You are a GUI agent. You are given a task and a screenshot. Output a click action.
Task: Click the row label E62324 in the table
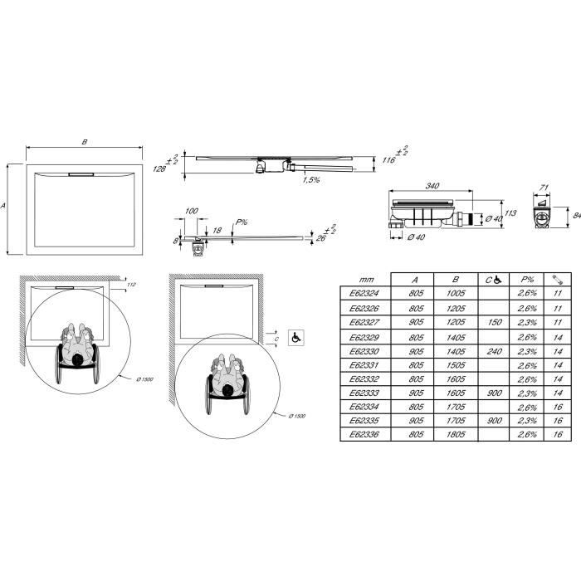pyautogui.click(x=364, y=294)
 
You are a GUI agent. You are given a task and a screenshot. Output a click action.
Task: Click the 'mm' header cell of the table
pyautogui.click(x=365, y=280)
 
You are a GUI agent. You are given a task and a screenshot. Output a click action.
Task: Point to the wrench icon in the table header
pyautogui.click(x=557, y=279)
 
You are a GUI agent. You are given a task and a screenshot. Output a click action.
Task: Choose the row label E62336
pyautogui.click(x=364, y=434)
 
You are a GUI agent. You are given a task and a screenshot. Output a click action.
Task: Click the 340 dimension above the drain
pyautogui.click(x=432, y=187)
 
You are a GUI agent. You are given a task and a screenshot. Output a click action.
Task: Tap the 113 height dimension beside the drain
pyautogui.click(x=511, y=213)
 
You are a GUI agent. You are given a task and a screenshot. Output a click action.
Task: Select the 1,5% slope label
pyautogui.click(x=312, y=179)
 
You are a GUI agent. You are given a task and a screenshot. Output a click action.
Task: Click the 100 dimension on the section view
pyautogui.click(x=192, y=212)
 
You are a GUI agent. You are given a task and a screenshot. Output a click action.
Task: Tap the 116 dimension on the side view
pyautogui.click(x=387, y=160)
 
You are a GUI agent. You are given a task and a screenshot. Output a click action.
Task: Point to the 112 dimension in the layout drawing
pyautogui.click(x=132, y=286)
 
